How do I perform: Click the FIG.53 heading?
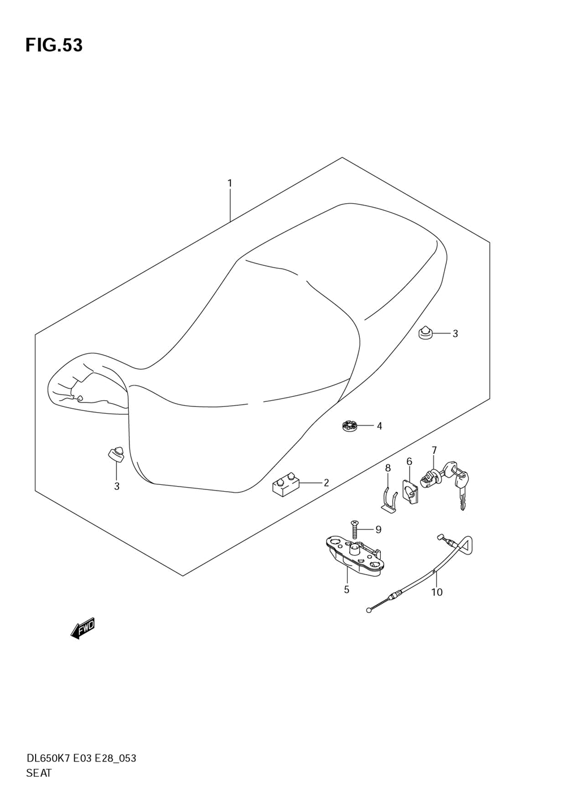pos(54,45)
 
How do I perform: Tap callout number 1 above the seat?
pos(230,183)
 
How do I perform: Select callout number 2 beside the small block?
pos(326,483)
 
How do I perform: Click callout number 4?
pos(379,426)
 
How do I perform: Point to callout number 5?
pos(346,589)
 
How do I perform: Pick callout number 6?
pos(410,462)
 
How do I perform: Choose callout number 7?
pos(434,450)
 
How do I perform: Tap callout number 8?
pos(388,468)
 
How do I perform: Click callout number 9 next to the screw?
pos(378,529)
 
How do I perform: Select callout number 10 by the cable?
pos(437,592)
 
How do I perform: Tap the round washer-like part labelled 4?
pos(350,426)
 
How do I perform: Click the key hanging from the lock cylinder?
pos(462,489)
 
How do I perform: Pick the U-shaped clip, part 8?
pos(388,498)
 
